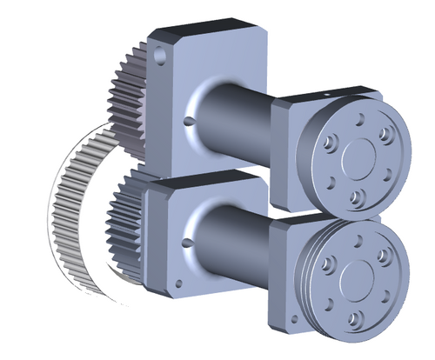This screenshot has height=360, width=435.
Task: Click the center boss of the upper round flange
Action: tap(358, 157)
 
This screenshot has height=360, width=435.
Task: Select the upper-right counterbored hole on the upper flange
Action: tap(384, 133)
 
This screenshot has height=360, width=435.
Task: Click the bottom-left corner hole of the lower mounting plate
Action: tap(177, 282)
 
